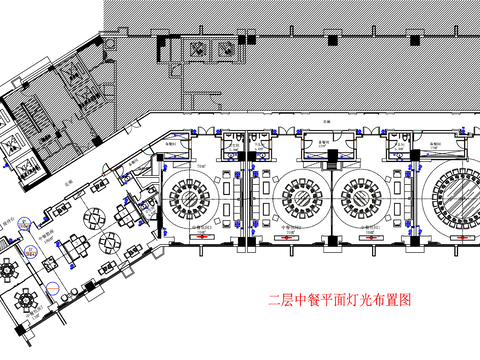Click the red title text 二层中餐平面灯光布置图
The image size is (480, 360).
[x=341, y=299]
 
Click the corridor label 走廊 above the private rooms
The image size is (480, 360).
[x=326, y=121]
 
